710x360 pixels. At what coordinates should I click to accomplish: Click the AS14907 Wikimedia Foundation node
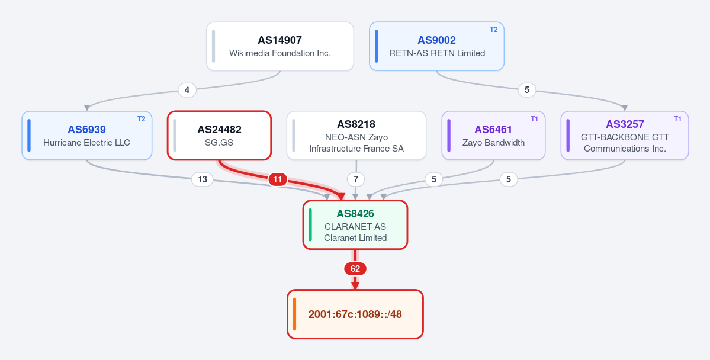click(280, 46)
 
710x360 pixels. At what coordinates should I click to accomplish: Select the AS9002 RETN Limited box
click(436, 46)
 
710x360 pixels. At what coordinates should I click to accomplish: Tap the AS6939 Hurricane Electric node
click(87, 136)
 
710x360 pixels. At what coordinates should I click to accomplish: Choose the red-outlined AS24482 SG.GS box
click(220, 136)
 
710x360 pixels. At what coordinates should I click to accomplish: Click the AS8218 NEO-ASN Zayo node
click(356, 136)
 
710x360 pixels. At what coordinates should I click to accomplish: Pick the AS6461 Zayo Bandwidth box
click(493, 136)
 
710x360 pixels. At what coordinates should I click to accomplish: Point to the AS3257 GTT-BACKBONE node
click(625, 136)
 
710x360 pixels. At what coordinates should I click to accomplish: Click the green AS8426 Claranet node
click(355, 224)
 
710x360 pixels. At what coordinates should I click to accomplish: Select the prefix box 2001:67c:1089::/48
click(355, 314)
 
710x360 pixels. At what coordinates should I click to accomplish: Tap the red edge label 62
click(355, 269)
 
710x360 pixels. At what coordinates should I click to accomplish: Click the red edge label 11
click(278, 180)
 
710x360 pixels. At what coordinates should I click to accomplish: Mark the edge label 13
click(203, 180)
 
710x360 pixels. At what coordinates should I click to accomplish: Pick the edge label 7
click(356, 180)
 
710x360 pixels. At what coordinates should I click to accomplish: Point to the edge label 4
click(188, 90)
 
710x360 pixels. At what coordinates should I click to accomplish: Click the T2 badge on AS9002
click(493, 30)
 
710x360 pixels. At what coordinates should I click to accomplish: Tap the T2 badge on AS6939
click(142, 118)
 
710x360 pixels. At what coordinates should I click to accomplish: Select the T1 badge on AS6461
click(534, 118)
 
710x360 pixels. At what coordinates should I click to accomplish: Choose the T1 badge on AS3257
click(677, 118)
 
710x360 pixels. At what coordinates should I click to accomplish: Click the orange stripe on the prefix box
click(295, 314)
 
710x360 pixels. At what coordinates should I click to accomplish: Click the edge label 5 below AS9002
click(526, 90)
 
